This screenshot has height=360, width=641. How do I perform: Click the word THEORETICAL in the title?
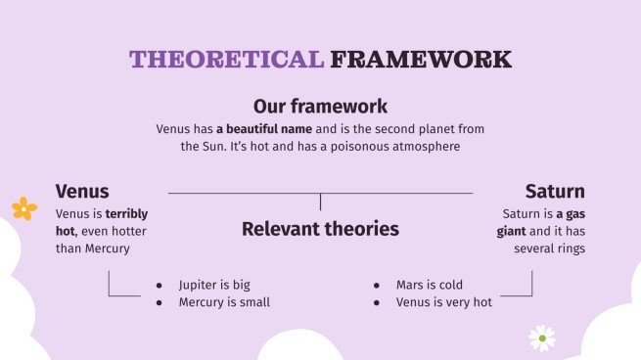coord(226,59)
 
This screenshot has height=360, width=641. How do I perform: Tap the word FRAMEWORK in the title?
coord(421,59)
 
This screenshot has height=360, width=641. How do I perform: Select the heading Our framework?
coord(320,106)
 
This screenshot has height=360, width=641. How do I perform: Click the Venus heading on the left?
coord(82,191)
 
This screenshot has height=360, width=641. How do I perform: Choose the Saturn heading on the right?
coord(554,191)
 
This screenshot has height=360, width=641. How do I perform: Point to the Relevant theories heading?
coord(320,229)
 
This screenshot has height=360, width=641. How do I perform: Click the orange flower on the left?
coord(23,207)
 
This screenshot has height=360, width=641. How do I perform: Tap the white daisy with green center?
coord(541,337)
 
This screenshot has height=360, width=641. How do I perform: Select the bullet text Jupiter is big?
coord(214,285)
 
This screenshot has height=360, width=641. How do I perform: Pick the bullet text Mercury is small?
coord(224,302)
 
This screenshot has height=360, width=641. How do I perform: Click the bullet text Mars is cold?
coord(430,285)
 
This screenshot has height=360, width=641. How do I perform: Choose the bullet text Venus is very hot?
coord(444,302)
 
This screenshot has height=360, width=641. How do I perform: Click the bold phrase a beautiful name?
coord(258,128)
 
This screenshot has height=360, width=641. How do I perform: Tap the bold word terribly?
coord(127,212)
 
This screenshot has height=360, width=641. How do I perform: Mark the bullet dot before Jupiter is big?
coord(160,286)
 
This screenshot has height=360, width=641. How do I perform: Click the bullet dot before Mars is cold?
coord(378,286)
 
